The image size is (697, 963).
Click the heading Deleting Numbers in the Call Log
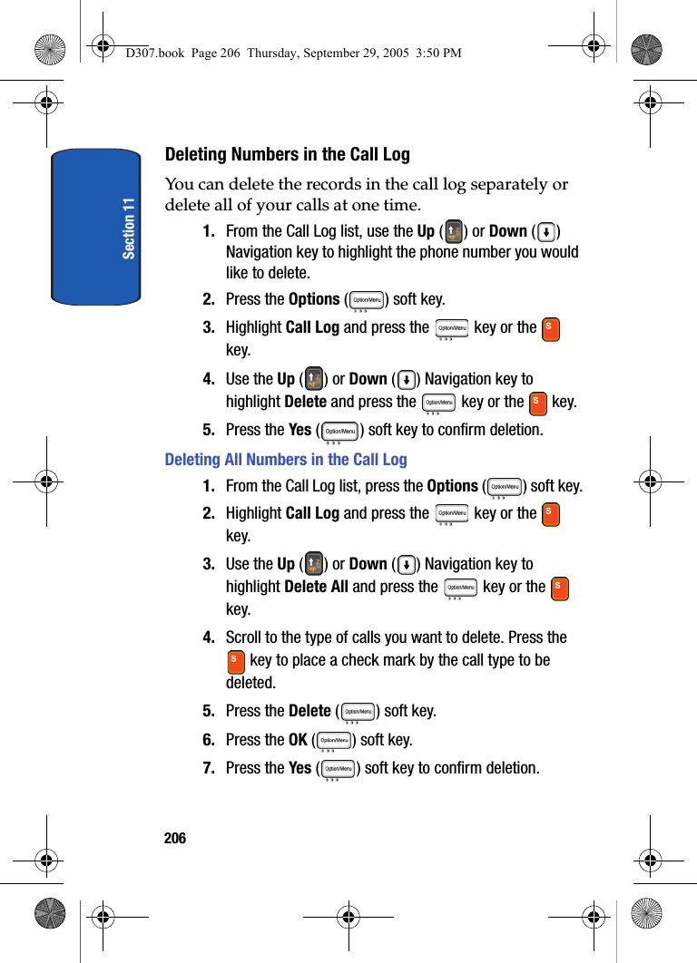click(x=287, y=154)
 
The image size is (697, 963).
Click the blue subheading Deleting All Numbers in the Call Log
click(x=286, y=460)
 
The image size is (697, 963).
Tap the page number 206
click(x=175, y=839)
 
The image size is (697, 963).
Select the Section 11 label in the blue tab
click(x=129, y=228)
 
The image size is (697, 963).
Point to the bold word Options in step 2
click(x=313, y=299)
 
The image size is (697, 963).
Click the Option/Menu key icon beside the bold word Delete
click(x=358, y=712)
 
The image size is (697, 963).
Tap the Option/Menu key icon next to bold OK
click(x=334, y=741)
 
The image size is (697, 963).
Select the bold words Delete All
click(x=316, y=587)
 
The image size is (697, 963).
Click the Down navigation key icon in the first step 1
click(x=545, y=231)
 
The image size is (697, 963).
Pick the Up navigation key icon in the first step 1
click(x=453, y=231)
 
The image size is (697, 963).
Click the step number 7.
click(x=208, y=768)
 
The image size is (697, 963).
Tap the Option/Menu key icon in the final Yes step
click(x=338, y=769)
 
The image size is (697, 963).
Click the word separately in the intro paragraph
click(x=476, y=185)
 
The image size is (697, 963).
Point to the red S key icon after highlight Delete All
click(x=560, y=588)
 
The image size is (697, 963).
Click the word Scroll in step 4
click(x=244, y=637)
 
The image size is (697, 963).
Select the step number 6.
click(x=208, y=740)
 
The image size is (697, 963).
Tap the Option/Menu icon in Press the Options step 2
click(x=367, y=300)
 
